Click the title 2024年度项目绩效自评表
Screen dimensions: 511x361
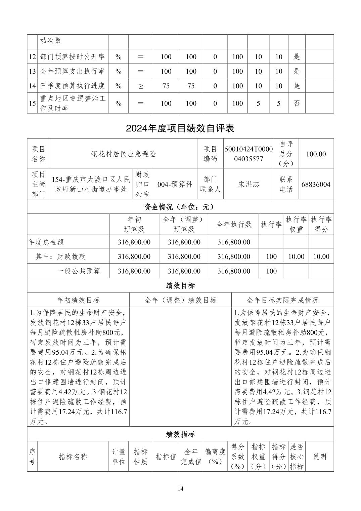point(180,128)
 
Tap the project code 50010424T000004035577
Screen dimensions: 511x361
point(249,154)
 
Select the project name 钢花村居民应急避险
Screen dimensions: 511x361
point(124,154)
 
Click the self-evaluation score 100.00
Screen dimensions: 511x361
point(316,154)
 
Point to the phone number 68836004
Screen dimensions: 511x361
point(316,184)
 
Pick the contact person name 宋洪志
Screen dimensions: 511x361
point(249,184)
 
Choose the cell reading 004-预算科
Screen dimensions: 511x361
point(175,184)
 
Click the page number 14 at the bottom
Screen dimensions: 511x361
point(181,489)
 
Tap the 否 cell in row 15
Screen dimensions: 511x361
point(297,103)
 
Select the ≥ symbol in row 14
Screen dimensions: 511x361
point(141,86)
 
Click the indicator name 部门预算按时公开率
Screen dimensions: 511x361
point(73,57)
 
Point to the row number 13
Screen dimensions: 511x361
point(32,71)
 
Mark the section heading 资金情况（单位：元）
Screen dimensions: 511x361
point(180,207)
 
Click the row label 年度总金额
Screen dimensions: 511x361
point(46,242)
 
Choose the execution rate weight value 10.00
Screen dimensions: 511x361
point(296,257)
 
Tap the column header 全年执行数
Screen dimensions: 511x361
point(234,225)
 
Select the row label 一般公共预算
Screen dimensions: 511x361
point(79,271)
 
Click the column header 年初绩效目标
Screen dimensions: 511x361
point(79,300)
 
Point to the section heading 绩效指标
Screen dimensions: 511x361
point(180,434)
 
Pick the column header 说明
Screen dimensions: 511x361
point(319,457)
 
